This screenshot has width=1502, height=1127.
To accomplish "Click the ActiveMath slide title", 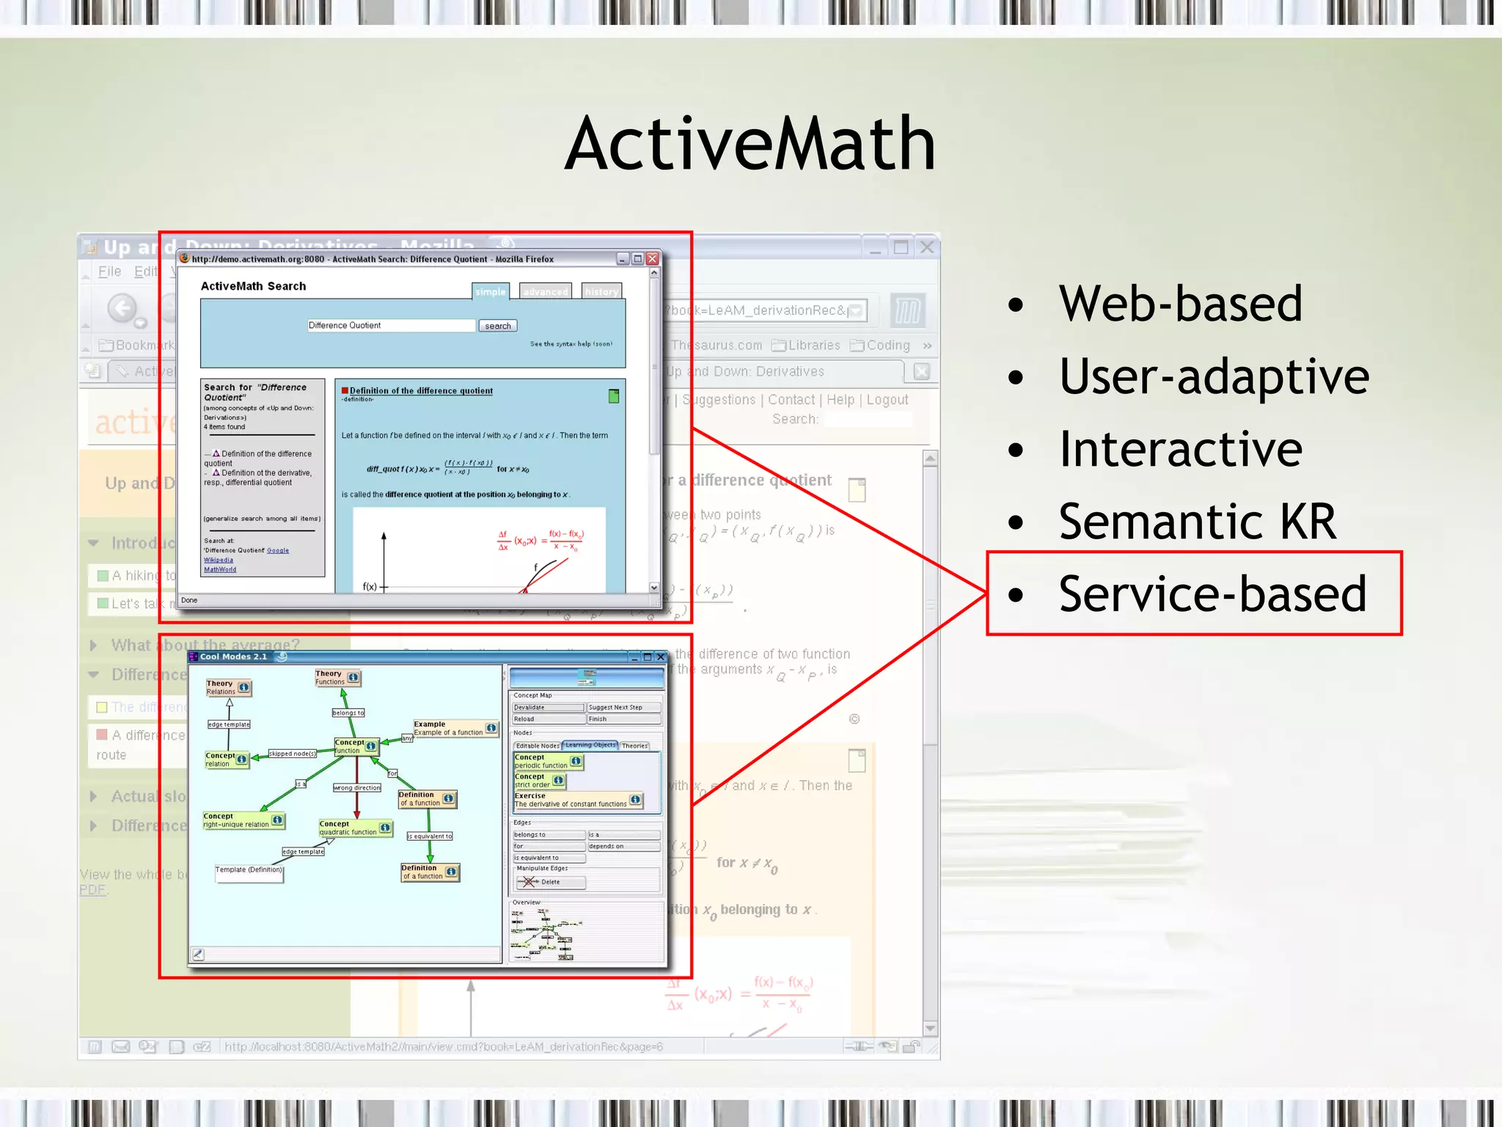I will (750, 145).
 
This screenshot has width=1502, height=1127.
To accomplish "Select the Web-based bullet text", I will (1180, 303).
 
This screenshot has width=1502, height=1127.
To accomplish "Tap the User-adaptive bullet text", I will (1214, 376).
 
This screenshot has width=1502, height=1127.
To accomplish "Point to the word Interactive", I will (1180, 449).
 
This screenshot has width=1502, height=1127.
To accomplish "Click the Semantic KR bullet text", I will (1197, 522).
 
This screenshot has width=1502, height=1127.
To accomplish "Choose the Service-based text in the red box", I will (1212, 594).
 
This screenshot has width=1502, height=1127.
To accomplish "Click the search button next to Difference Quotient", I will (497, 326).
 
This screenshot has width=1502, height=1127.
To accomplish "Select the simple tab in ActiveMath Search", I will (490, 291).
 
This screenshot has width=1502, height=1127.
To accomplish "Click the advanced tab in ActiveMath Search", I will (545, 291).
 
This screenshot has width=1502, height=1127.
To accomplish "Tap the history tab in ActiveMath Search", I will (601, 291).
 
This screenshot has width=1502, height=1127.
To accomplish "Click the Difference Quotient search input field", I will (391, 326).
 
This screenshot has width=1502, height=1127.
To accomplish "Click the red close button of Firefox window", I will (652, 259).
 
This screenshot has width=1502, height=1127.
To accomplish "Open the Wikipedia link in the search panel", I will (219, 560).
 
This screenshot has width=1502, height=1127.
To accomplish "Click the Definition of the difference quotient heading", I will (421, 391).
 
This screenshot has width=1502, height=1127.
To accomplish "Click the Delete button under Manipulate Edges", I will (550, 882).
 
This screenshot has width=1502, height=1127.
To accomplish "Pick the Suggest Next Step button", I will (623, 707).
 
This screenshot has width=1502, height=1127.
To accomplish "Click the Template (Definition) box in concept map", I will (249, 870).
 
